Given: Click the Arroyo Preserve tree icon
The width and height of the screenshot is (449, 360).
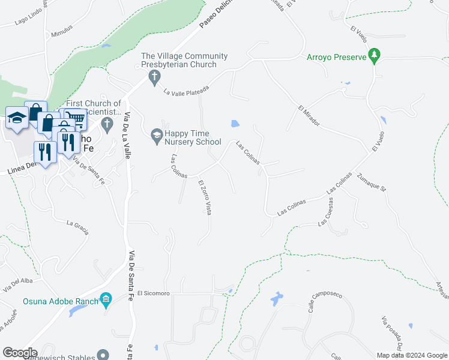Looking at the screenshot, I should [375, 56].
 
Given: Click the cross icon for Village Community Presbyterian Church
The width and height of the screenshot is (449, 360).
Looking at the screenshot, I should [154, 76].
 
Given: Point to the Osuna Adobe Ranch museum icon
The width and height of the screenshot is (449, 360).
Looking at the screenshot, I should [106, 299].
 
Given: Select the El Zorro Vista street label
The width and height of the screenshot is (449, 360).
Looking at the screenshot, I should [204, 198].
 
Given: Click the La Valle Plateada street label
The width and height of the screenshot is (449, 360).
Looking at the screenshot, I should [186, 91].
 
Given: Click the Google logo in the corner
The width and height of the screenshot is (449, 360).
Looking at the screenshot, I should [20, 353].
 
